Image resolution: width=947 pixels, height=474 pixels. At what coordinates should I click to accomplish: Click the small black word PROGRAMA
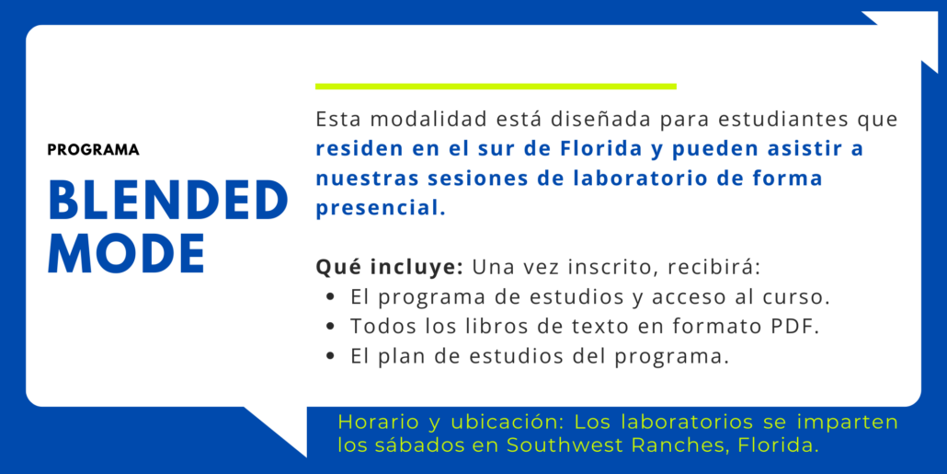pyautogui.click(x=94, y=150)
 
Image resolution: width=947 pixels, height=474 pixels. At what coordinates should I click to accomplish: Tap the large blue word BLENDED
pyautogui.click(x=168, y=201)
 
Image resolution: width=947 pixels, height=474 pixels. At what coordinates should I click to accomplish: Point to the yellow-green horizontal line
pyautogui.click(x=496, y=87)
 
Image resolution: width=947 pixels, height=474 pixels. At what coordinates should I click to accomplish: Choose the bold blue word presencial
pyautogui.click(x=381, y=209)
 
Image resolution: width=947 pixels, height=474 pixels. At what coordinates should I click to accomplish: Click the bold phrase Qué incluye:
pyautogui.click(x=389, y=268)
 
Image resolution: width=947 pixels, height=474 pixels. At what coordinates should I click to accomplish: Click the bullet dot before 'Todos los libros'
pyautogui.click(x=330, y=327)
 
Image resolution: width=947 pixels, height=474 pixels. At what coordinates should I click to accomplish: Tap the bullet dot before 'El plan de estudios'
pyautogui.click(x=330, y=356)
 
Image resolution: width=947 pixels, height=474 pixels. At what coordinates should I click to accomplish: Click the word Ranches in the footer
pyautogui.click(x=677, y=445)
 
